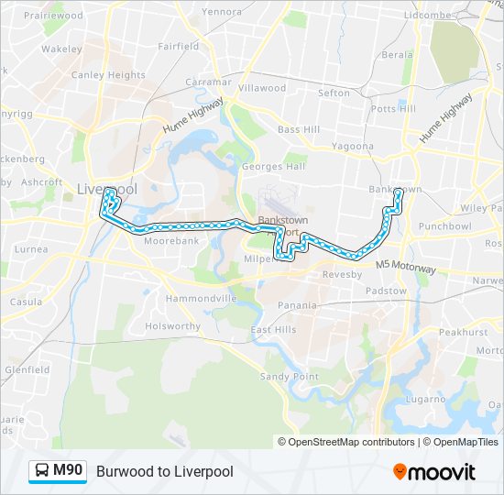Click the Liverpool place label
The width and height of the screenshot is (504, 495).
point(107,188)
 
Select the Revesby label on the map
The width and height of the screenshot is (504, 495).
point(342,274)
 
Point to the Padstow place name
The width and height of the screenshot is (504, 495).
point(386,291)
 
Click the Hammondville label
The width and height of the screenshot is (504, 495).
point(202,299)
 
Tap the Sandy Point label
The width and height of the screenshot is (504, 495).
point(290,377)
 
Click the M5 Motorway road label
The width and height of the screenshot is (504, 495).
point(406,266)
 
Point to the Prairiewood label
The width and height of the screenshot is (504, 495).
point(48,15)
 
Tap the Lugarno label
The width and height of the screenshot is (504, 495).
point(427,399)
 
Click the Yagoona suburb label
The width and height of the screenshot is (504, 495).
point(353,146)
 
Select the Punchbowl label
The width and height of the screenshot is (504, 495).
point(444,225)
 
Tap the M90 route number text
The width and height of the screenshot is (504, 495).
point(68,471)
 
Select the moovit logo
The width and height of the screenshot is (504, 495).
point(434,472)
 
